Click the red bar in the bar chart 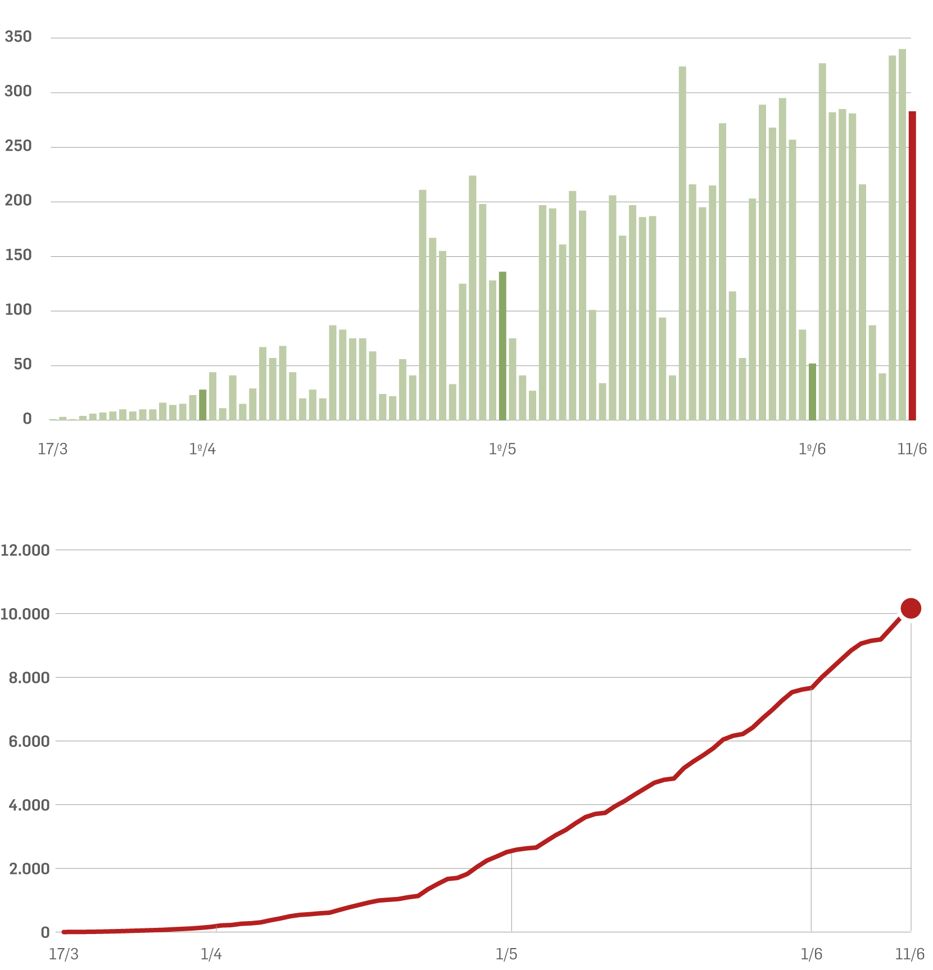[912, 265]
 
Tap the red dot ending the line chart [911, 608]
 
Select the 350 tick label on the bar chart [18, 37]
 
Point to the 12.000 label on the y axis [25, 550]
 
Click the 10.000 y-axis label [25, 614]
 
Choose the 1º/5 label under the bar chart [502, 449]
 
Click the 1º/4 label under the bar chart [202, 449]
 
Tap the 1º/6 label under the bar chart [812, 449]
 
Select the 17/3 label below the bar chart [52, 449]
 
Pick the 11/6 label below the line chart [909, 954]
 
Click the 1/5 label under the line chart [506, 954]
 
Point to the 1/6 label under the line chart [811, 954]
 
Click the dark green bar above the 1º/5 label [502, 346]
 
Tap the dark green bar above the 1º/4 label [203, 405]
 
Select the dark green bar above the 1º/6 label [812, 392]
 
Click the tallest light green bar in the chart [902, 234]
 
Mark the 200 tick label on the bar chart [18, 201]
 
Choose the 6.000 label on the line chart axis [29, 741]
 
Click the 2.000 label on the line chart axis [29, 869]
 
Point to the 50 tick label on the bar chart [22, 364]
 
